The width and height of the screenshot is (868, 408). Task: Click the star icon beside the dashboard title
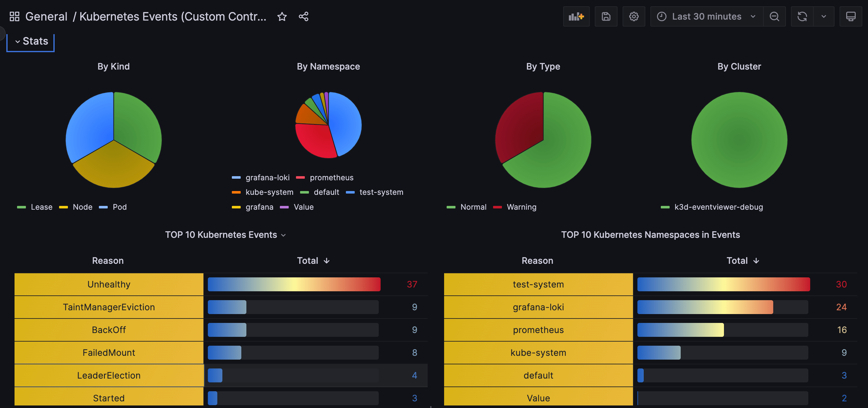(282, 16)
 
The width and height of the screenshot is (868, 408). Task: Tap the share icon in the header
(303, 16)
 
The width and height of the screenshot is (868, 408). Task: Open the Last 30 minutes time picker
(706, 16)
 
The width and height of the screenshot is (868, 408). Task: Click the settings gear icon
(634, 16)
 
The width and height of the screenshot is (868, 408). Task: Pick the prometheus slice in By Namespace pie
(315, 140)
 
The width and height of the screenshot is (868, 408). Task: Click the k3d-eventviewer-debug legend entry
(718, 207)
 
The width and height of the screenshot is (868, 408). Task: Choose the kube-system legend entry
(269, 192)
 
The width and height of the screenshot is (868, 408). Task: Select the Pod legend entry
(119, 207)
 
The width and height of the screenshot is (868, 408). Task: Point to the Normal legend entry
(473, 207)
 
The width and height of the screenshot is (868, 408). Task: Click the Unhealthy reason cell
(109, 284)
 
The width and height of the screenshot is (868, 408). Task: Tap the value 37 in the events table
(412, 284)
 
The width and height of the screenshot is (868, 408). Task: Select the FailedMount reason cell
(109, 352)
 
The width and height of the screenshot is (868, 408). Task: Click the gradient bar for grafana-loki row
(705, 307)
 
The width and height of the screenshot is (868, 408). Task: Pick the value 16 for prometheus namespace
(841, 330)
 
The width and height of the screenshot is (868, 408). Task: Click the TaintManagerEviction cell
(109, 307)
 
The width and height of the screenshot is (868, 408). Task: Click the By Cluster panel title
(739, 66)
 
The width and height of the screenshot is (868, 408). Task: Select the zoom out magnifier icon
(774, 16)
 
